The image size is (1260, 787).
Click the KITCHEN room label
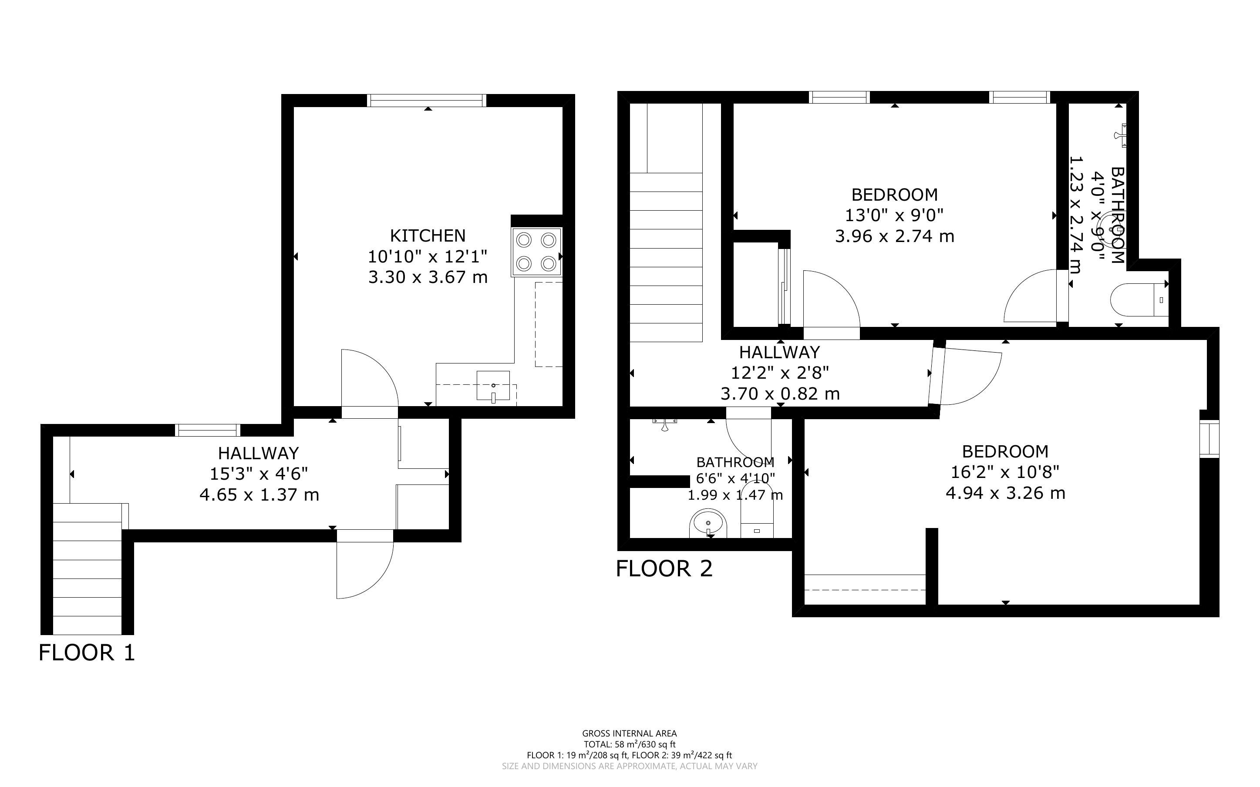tap(428, 236)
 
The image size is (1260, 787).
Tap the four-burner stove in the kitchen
tap(536, 252)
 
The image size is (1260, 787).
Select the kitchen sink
tap(493, 386)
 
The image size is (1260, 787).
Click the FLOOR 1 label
tap(87, 652)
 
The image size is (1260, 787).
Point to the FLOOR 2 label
tap(664, 568)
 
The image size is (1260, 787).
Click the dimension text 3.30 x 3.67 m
tap(428, 277)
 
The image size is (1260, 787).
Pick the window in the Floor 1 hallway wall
tap(208, 430)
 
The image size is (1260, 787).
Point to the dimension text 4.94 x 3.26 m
tap(1005, 493)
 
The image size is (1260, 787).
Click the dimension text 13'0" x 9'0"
tap(895, 215)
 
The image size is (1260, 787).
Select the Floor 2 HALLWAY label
tap(780, 353)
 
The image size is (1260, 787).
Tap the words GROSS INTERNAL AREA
tap(629, 734)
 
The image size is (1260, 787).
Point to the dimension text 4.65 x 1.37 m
tap(259, 494)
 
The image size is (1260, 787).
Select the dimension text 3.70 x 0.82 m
tap(780, 394)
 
